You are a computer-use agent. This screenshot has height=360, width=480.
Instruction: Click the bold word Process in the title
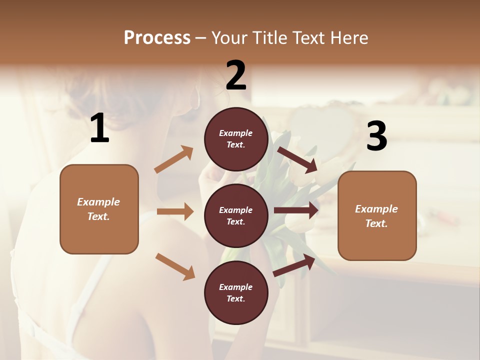157,37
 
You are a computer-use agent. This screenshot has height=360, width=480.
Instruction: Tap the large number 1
99,128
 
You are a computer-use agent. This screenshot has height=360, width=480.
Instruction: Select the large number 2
236,75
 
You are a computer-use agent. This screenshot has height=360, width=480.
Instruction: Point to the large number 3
376,136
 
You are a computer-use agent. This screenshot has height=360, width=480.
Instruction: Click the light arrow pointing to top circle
173,159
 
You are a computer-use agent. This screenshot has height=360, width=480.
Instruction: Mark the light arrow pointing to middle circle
175,211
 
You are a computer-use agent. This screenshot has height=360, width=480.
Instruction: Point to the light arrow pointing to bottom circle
175,266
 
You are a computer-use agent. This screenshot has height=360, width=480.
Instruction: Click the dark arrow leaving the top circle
297,159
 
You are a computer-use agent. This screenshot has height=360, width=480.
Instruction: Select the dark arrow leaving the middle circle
296,210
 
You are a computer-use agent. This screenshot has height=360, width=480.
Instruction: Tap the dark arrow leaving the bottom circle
294,265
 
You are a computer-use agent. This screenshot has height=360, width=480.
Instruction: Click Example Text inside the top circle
236,139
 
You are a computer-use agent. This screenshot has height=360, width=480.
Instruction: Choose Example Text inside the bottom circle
236,293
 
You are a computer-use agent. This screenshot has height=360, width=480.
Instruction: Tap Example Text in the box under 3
376,216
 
